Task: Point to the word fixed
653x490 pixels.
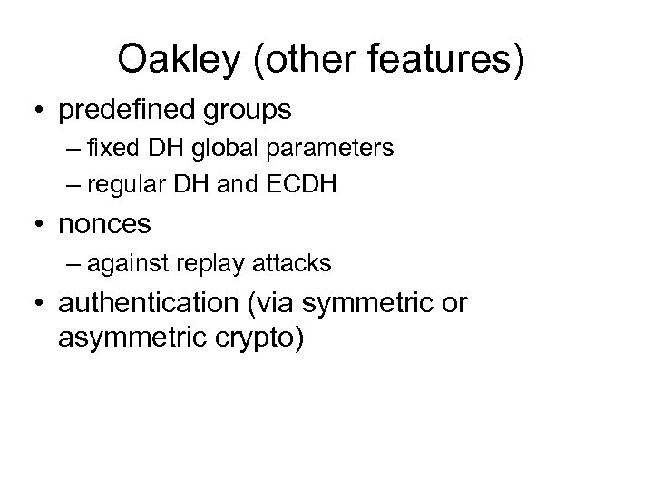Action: coord(113,148)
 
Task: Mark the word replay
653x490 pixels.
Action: coord(211,263)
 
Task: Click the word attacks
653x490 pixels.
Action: coord(291,263)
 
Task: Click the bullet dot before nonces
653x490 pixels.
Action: coord(40,224)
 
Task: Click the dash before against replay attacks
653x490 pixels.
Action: coord(73,263)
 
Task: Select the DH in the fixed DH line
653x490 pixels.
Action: coord(165,148)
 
